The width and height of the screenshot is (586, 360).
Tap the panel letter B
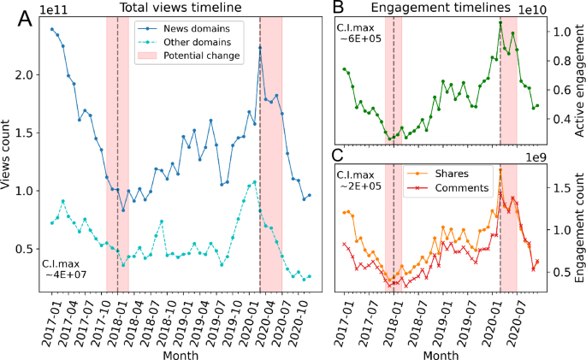click(338, 8)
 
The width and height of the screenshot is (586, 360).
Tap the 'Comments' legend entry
click(462, 186)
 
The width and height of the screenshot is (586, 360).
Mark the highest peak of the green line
click(500, 22)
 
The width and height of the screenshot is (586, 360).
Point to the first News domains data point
click(52, 29)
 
